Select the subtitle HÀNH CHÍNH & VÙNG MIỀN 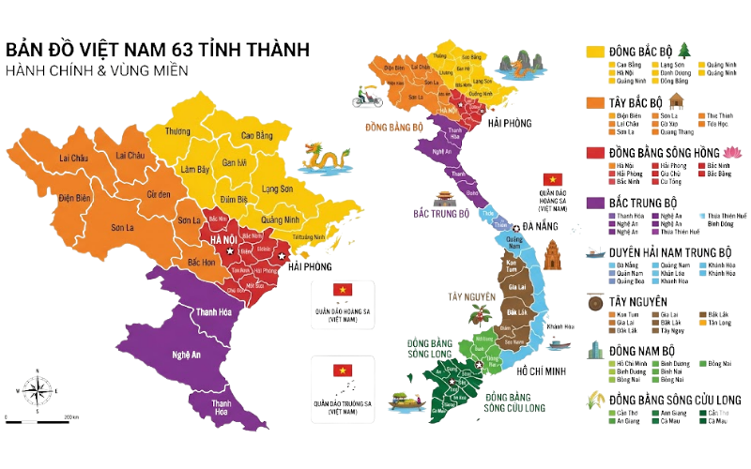point(96,70)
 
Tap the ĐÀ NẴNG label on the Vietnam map point(542,227)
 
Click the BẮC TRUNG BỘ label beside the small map point(441,213)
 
